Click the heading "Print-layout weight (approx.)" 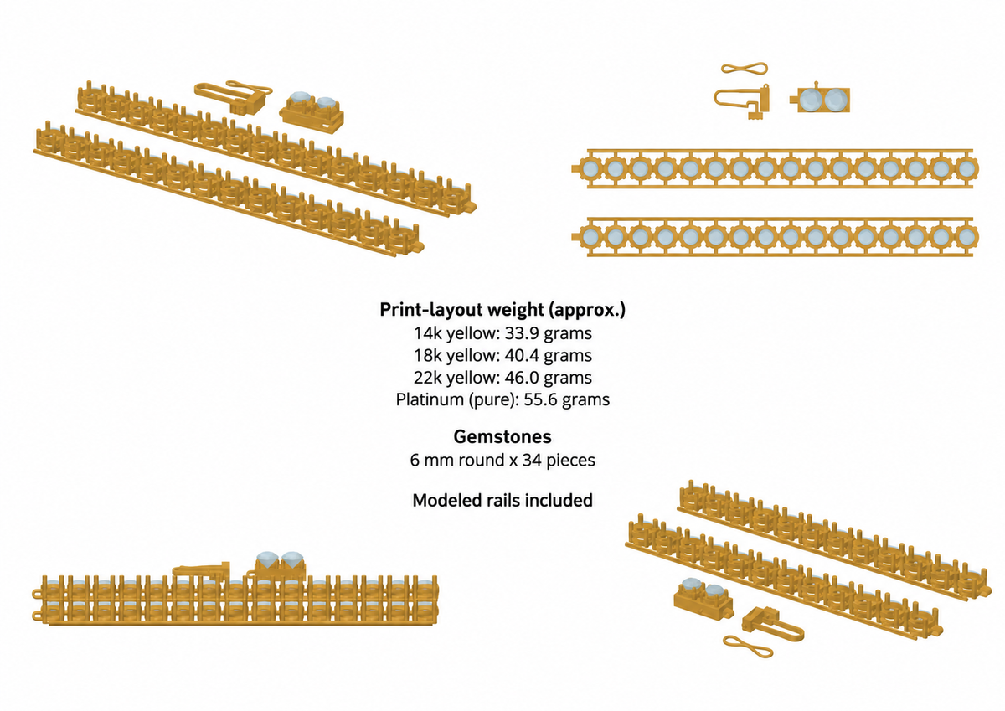point(502,310)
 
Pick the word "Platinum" point(430,399)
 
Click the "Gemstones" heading point(502,436)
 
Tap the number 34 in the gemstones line point(532,461)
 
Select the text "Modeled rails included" point(502,500)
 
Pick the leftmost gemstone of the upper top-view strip point(590,168)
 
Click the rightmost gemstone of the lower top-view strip point(966,237)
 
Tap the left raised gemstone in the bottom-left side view point(267,559)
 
